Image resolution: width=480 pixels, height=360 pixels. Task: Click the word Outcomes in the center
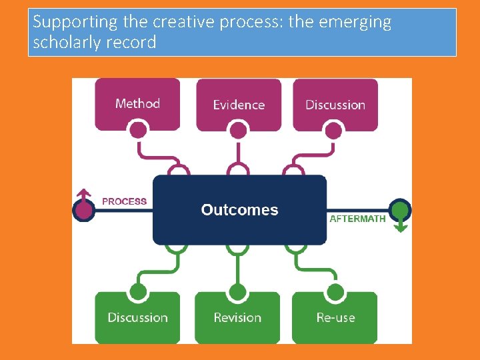[239, 210]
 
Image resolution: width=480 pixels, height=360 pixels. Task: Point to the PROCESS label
[124, 201]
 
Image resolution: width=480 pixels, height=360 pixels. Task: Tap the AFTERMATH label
[358, 219]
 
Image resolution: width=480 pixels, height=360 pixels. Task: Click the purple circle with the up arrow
[83, 209]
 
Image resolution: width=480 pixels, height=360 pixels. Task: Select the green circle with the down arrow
[399, 211]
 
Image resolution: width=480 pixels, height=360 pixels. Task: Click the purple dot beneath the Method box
[138, 129]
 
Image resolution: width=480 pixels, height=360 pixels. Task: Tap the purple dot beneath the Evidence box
[238, 131]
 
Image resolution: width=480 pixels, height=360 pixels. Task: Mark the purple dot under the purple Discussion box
[335, 131]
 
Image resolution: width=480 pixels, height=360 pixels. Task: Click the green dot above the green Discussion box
[138, 291]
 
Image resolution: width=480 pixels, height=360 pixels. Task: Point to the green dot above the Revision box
[237, 292]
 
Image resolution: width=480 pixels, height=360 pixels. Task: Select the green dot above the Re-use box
[335, 292]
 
